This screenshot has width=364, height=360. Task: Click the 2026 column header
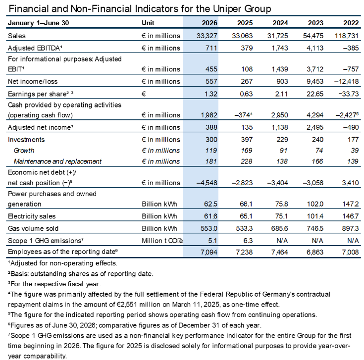coord(209,23)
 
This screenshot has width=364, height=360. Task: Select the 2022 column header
coord(351,23)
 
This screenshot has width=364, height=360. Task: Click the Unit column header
coord(148,23)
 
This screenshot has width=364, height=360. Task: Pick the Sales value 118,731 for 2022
coord(347,36)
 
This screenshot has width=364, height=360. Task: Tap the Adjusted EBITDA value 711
coord(211,48)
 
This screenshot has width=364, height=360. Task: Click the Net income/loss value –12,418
coord(346,81)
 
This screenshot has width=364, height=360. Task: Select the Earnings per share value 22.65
coord(315,94)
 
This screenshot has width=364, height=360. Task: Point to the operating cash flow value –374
coord(243,115)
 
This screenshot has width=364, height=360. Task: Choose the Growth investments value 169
coord(247,151)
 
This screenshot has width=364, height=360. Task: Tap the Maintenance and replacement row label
coord(57,161)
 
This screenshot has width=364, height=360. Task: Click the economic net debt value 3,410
coord(350,183)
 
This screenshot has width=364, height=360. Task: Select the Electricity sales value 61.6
coord(211,216)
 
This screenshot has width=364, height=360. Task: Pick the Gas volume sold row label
coord(33,228)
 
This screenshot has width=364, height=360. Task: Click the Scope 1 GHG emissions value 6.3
coord(248,241)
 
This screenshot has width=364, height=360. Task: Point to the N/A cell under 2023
coord(317,241)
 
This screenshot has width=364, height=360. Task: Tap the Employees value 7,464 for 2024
coord(280,252)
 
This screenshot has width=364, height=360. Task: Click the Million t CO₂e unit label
coord(162,241)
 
